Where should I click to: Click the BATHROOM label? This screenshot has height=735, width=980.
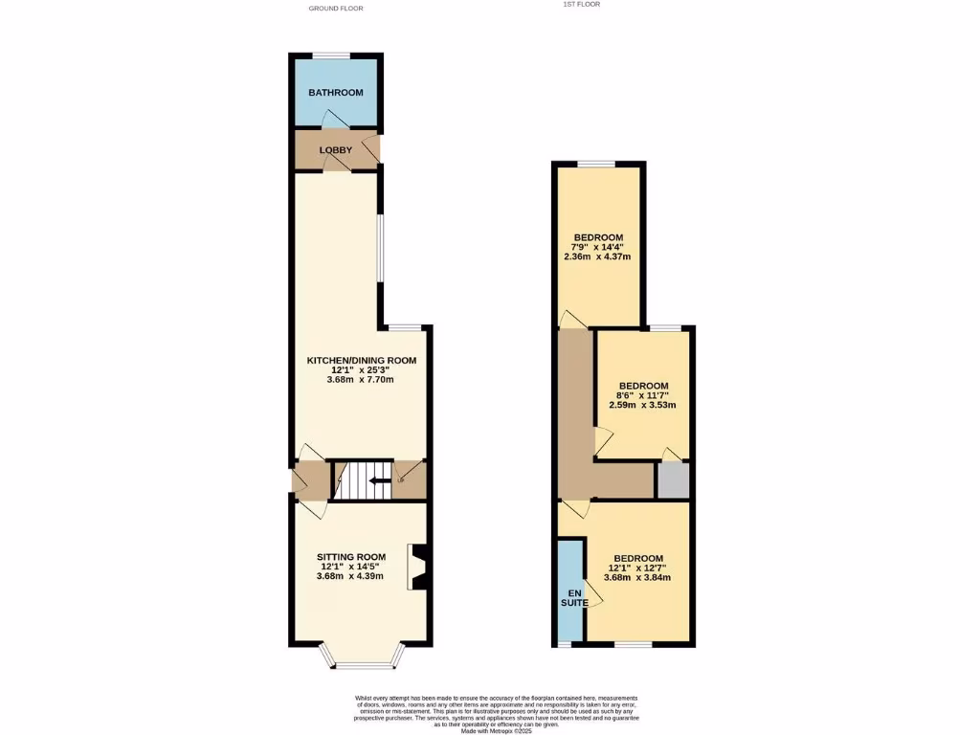335,93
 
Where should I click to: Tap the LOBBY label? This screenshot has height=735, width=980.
335,150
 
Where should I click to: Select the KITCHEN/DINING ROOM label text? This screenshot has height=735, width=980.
361,360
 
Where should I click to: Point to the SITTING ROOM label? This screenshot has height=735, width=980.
351,556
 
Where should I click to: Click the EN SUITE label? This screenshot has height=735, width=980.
570,596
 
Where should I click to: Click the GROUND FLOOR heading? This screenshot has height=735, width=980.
335,8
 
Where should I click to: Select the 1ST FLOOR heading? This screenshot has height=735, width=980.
582,4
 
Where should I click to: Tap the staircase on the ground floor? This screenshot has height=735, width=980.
362,480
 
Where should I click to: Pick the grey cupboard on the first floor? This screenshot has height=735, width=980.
672,479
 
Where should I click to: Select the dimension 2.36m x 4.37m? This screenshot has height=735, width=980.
598,256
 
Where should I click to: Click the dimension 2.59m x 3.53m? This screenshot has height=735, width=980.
642,405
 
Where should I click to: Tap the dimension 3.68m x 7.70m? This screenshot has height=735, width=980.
361,380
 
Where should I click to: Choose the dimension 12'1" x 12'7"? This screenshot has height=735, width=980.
637,568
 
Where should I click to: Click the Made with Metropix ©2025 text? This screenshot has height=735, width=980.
496,730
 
